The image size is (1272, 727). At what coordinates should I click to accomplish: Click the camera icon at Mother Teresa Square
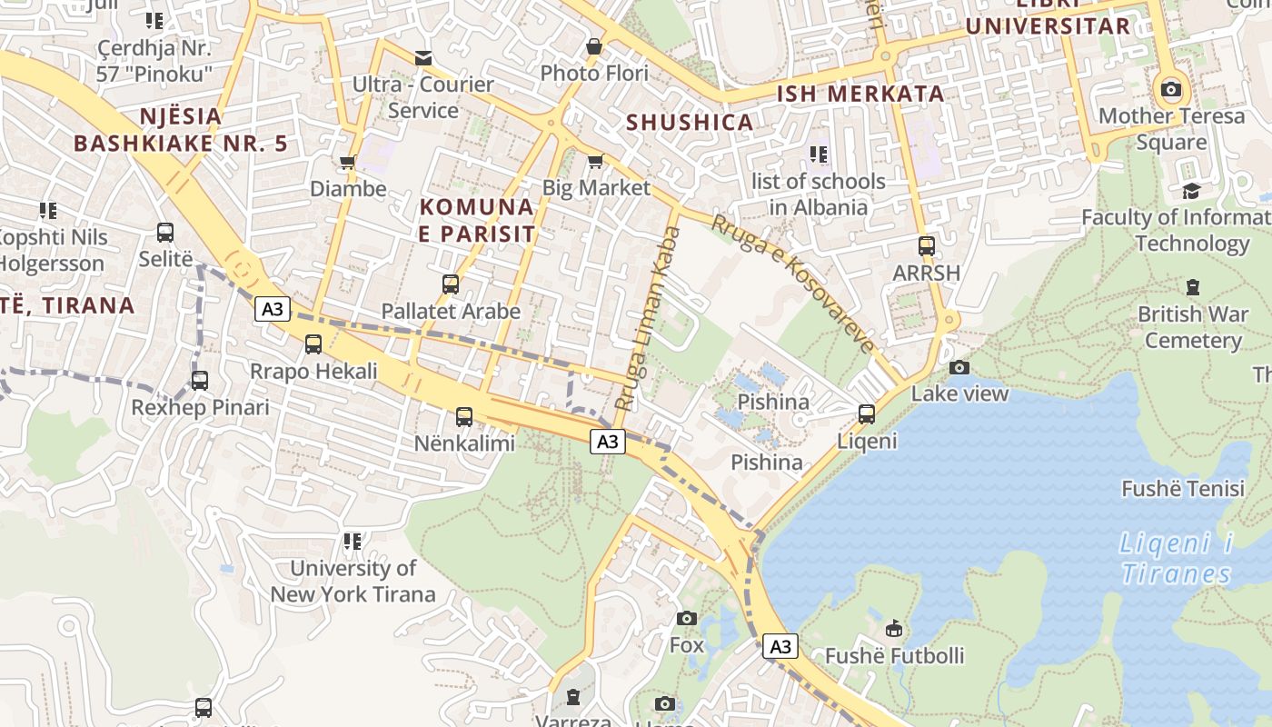(x=1171, y=89)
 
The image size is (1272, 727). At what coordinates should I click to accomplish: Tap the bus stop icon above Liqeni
(x=867, y=414)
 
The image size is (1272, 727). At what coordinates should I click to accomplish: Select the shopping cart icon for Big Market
(x=595, y=162)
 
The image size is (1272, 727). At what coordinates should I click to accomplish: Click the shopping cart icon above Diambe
(x=347, y=163)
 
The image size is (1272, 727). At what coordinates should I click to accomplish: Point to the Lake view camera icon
(x=959, y=367)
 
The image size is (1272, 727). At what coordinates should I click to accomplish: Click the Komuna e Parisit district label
(x=477, y=220)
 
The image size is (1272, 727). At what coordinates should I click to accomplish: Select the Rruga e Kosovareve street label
(x=792, y=283)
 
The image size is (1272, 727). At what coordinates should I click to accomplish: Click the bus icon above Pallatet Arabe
(x=451, y=284)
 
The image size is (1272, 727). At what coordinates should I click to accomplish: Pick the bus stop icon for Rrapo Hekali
(x=313, y=344)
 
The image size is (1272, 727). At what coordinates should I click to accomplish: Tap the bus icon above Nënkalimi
(x=464, y=417)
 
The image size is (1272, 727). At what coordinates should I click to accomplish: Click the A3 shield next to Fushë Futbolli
(x=780, y=646)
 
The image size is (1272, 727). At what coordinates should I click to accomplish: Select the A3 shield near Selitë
(x=272, y=309)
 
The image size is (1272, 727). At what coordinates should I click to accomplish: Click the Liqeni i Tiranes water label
(x=1176, y=559)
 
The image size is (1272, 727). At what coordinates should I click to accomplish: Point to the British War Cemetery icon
(x=1192, y=287)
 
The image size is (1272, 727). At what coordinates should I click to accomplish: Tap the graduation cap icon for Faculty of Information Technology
(x=1190, y=191)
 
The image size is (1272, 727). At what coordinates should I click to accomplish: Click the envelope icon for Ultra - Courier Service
(x=423, y=58)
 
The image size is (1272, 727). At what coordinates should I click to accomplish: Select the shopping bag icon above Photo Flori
(x=594, y=45)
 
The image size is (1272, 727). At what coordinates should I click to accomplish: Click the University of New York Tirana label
(x=353, y=582)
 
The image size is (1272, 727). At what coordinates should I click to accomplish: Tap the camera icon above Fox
(x=687, y=619)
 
